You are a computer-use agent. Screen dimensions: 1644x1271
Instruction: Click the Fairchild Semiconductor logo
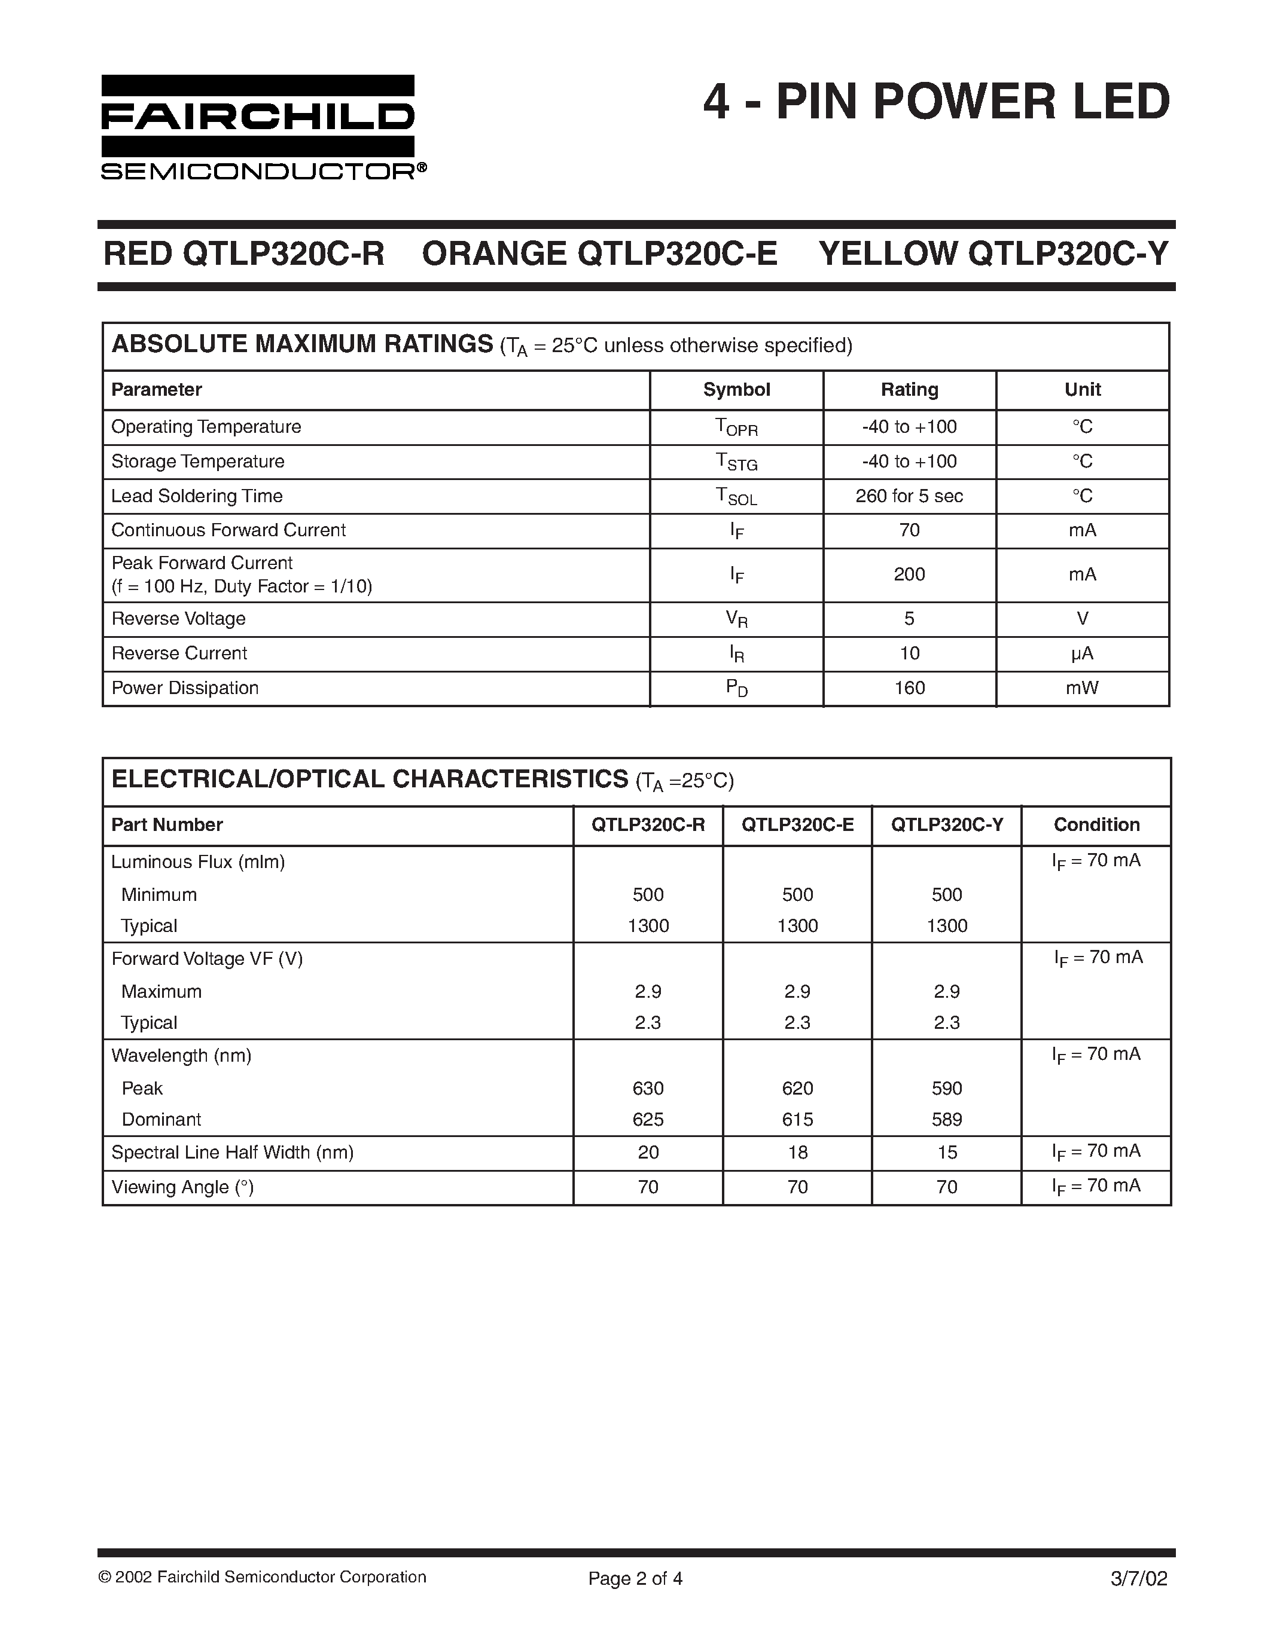point(264,128)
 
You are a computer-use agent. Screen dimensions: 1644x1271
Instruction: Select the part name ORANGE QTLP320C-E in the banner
point(599,253)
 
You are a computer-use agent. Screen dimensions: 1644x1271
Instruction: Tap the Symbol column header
point(736,390)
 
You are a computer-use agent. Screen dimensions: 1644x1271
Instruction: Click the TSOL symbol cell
point(736,497)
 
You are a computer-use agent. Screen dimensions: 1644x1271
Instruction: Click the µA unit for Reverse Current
point(1082,653)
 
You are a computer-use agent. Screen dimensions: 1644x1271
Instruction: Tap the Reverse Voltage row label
point(178,619)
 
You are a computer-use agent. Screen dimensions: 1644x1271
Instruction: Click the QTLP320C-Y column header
point(946,825)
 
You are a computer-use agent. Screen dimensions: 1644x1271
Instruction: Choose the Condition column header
point(1096,825)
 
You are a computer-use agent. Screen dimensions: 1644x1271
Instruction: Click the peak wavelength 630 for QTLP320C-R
point(648,1089)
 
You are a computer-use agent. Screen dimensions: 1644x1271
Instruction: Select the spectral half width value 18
point(797,1153)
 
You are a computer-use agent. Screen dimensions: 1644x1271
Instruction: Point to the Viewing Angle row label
point(182,1187)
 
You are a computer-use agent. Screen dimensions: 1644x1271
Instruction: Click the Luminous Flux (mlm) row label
point(198,862)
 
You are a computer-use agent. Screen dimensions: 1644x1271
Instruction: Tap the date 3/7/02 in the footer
point(1138,1578)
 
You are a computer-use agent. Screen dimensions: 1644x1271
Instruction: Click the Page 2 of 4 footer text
point(635,1578)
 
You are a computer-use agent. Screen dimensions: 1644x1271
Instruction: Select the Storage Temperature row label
point(198,462)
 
